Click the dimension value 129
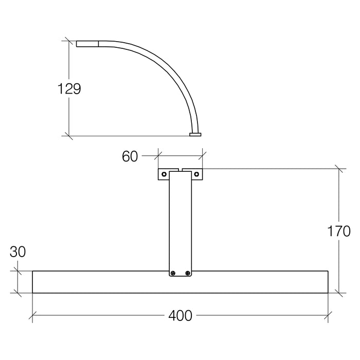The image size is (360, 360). (x=69, y=88)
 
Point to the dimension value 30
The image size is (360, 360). (x=17, y=252)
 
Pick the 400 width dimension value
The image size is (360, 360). (x=180, y=315)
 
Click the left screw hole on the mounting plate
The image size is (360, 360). (x=164, y=174)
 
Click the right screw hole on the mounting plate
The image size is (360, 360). (x=196, y=174)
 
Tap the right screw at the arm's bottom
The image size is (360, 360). (x=188, y=274)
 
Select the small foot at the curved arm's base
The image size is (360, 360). (x=195, y=134)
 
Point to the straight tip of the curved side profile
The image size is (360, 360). (x=87, y=44)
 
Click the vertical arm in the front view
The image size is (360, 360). (x=180, y=221)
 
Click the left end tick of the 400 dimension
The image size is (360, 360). (x=32, y=315)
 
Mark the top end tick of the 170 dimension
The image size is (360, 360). (x=338, y=169)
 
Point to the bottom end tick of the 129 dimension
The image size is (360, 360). (x=68, y=136)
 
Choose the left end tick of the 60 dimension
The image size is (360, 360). (x=158, y=153)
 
